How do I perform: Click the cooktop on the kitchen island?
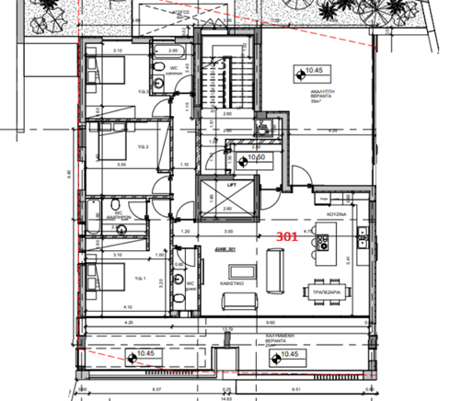coord(322,244)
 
